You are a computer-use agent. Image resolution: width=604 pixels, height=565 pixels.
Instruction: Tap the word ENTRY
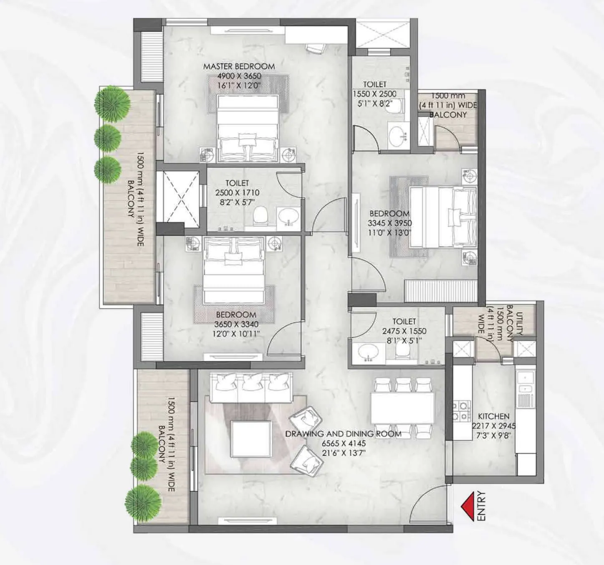[x=481, y=506]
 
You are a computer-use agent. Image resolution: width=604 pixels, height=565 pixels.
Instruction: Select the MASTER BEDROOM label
[x=239, y=66]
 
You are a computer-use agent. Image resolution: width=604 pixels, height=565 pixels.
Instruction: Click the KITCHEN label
[x=493, y=416]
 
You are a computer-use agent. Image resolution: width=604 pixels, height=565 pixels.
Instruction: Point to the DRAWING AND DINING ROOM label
[x=343, y=434]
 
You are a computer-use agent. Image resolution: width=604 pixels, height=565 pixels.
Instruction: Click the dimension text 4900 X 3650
[x=239, y=76]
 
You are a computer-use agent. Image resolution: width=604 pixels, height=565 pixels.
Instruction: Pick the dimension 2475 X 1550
[x=404, y=331]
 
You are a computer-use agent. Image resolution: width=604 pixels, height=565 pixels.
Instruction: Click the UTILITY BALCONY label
[x=515, y=322]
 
